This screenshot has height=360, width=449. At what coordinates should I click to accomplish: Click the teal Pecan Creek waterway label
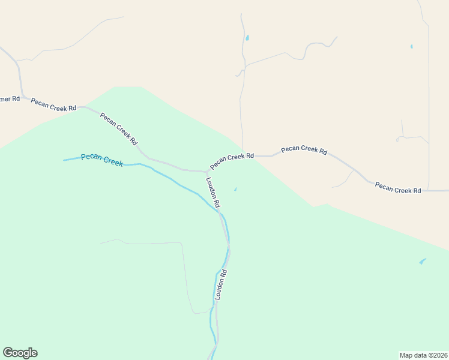click(101, 159)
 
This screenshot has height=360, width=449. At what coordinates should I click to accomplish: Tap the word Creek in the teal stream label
click(112, 161)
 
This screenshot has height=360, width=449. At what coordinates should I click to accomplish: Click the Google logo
click(20, 353)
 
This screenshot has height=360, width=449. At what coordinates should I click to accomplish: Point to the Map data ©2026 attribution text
click(423, 355)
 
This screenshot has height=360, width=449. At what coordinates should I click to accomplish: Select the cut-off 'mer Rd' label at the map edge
click(10, 98)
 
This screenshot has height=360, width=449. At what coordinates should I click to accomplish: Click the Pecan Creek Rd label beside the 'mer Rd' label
click(53, 104)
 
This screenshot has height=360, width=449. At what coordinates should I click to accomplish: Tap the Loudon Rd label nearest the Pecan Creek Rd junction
click(213, 192)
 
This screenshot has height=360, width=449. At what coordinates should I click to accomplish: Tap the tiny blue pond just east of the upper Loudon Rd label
click(235, 190)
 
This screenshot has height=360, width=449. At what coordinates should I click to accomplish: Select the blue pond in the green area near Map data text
click(423, 262)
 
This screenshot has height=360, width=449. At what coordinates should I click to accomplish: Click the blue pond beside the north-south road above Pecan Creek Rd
click(247, 38)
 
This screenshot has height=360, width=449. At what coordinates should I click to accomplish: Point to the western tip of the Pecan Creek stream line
click(64, 160)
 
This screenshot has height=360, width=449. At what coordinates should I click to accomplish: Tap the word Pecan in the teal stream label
click(91, 157)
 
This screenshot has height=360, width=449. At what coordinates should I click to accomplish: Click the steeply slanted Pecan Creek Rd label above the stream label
click(119, 129)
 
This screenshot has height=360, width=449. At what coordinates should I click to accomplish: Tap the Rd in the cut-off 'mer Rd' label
click(16, 98)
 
